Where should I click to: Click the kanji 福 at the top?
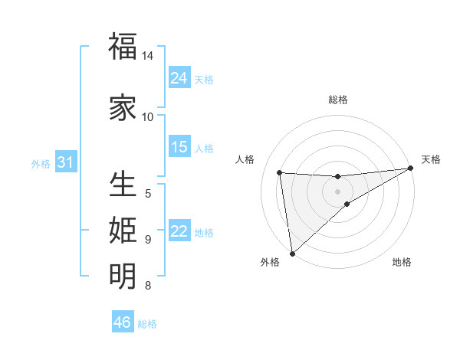[x=123, y=46]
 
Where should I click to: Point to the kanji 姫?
[x=123, y=230]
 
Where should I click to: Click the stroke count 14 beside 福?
[x=148, y=56]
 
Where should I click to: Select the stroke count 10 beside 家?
[x=148, y=116]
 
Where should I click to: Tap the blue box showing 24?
[x=179, y=77]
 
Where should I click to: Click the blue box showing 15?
[x=179, y=147]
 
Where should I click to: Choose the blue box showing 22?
[x=179, y=231]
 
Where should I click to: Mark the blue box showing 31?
[x=65, y=162]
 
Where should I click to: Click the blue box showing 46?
[x=123, y=322]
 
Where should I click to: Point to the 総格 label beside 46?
[x=148, y=324]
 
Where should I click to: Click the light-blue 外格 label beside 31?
[x=41, y=164]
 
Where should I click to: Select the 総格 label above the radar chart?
[x=338, y=100]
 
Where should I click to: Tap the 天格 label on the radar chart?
[x=431, y=159]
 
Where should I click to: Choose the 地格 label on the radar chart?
[x=402, y=263]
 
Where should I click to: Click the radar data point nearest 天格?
[x=410, y=168]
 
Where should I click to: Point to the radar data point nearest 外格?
[x=292, y=253]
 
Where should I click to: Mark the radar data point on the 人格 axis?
[x=280, y=172]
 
